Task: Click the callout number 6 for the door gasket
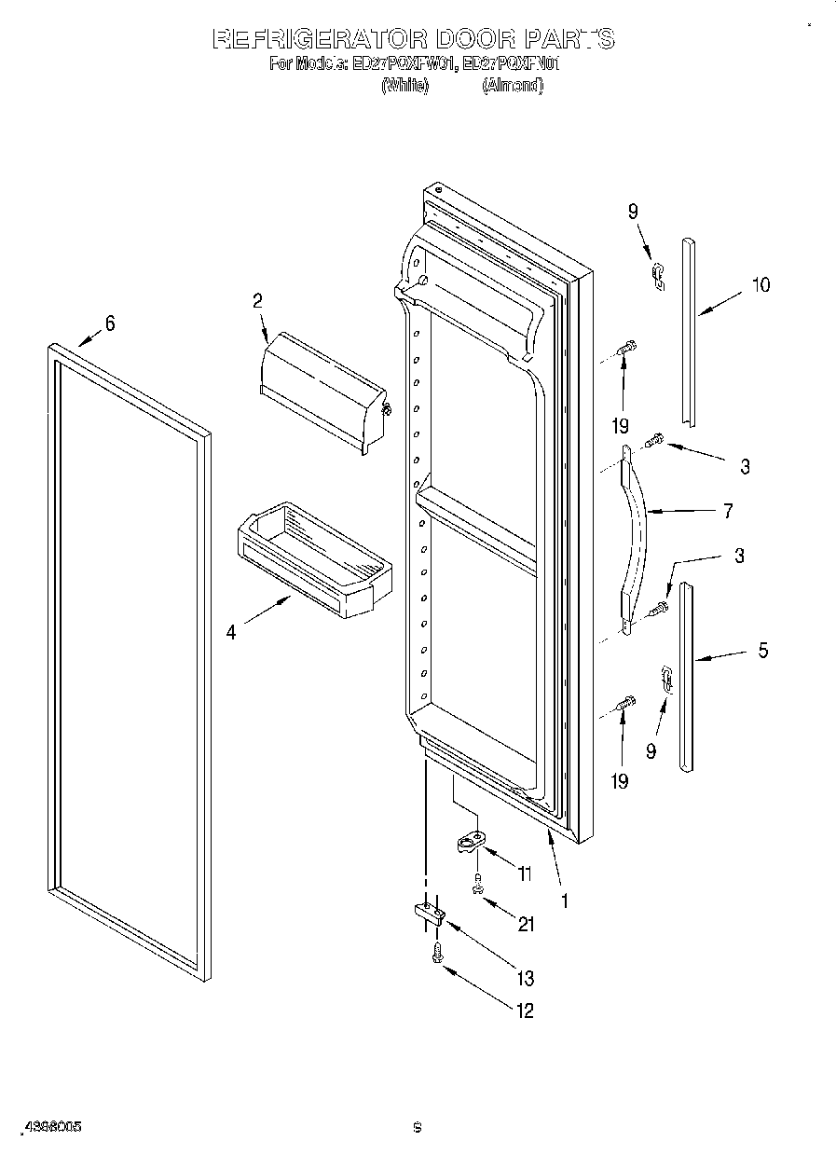click(110, 323)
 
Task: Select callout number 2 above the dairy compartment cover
click(257, 301)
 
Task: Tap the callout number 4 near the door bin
click(230, 632)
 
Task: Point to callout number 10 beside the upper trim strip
click(761, 285)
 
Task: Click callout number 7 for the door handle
click(727, 511)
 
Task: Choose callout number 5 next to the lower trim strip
click(762, 652)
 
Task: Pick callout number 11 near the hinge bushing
click(525, 874)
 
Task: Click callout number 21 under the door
click(527, 925)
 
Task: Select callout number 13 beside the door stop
click(526, 978)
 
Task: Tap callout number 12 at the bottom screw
click(526, 1011)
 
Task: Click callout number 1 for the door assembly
click(565, 901)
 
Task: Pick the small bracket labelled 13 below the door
click(425, 914)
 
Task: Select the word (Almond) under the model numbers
click(512, 85)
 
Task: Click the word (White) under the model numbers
click(404, 85)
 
